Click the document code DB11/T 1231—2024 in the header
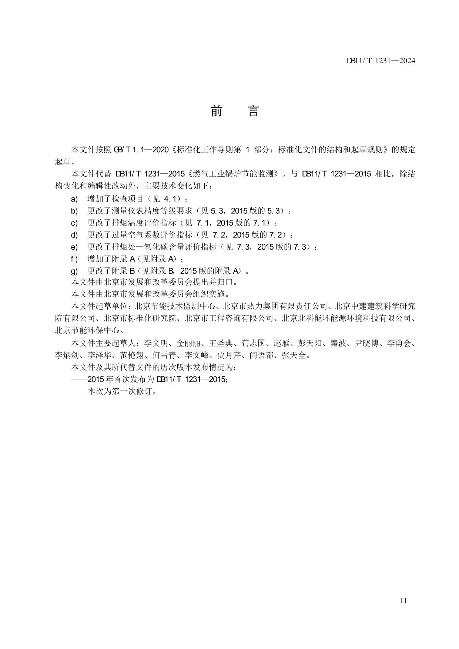coord(381,61)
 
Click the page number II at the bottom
coord(403,601)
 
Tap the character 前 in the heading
coord(216,111)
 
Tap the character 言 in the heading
coord(253,111)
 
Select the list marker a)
coord(74,199)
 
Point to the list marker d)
coord(74,235)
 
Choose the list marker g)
coord(74,271)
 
